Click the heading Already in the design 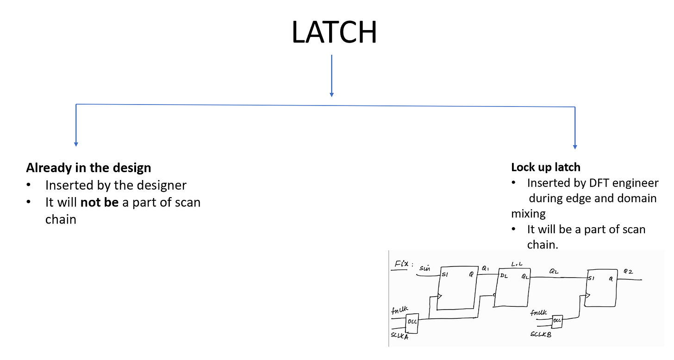88,168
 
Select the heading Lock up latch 545,167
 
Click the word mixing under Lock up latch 528,213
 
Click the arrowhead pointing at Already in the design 76,143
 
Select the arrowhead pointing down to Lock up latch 575,146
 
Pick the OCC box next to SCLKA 412,324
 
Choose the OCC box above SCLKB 557,320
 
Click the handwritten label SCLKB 541,334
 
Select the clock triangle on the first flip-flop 440,297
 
